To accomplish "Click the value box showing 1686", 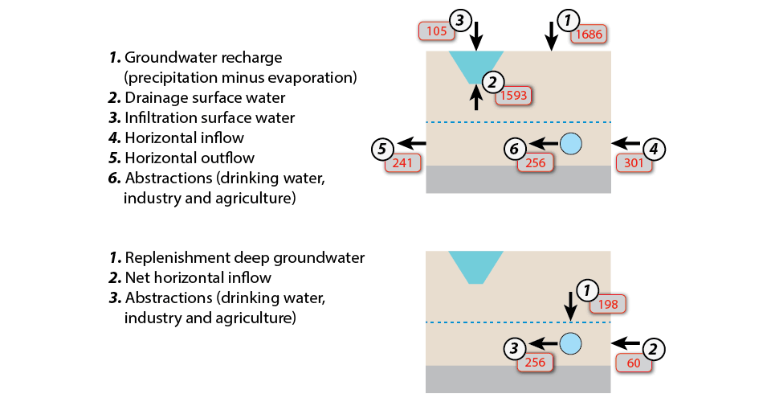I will click(x=587, y=34).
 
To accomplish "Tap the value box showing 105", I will click(x=434, y=31).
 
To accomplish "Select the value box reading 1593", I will click(x=513, y=96).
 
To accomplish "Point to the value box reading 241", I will click(x=401, y=162).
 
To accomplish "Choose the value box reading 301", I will click(x=632, y=162).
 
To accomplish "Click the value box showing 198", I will click(x=607, y=304).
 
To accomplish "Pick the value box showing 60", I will click(x=633, y=363).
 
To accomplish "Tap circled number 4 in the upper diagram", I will click(x=655, y=148).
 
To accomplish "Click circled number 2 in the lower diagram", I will click(x=655, y=348).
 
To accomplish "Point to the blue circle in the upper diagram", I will click(x=569, y=143).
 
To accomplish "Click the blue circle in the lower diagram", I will click(x=569, y=343).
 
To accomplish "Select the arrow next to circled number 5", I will click(x=412, y=143).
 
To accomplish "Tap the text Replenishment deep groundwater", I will click(x=244, y=258).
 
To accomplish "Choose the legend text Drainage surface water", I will click(x=205, y=97).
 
